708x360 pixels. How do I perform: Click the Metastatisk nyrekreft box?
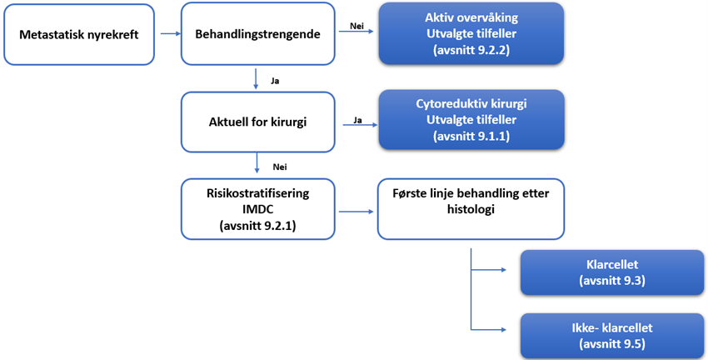80,34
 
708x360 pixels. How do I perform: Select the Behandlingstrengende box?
258,34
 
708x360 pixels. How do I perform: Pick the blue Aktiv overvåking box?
471,34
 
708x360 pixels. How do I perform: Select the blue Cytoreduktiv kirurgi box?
471,120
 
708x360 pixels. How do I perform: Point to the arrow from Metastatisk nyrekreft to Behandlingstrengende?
169,34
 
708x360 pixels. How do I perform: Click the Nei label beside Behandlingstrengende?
356,26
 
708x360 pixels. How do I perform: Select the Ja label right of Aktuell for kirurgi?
358,120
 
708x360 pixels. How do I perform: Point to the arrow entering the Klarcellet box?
496,270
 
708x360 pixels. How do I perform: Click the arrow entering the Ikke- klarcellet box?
496,331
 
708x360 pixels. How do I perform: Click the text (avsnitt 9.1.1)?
471,135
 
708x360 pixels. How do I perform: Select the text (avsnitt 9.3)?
612,279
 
